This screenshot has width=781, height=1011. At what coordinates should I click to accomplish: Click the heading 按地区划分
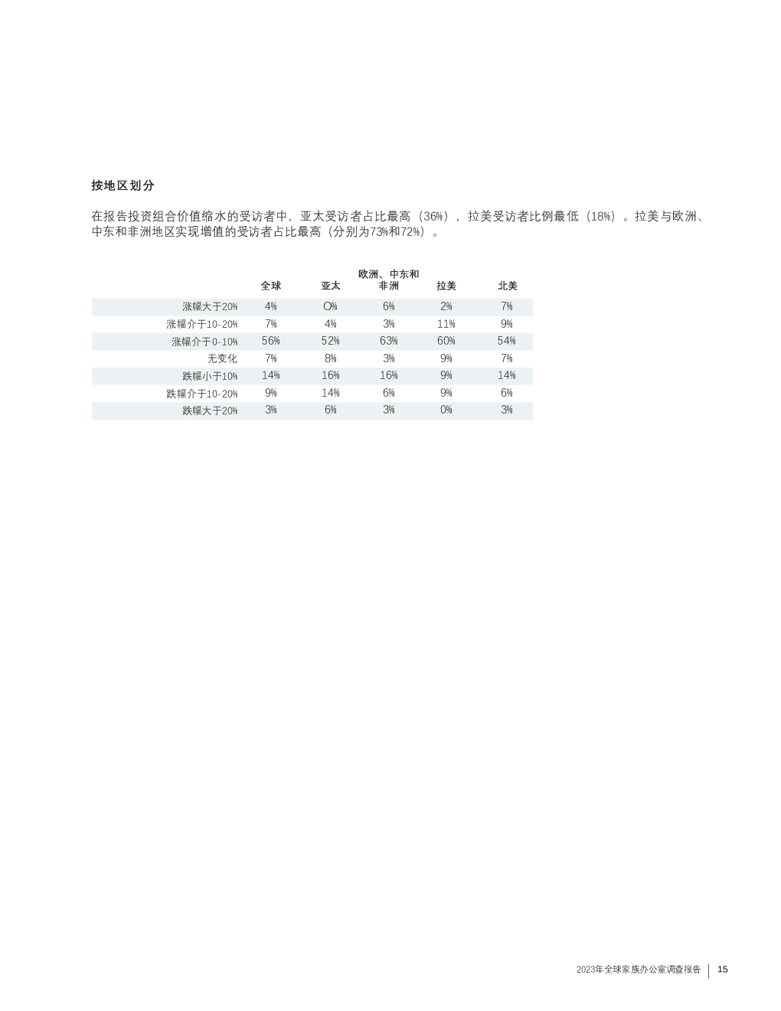pos(123,185)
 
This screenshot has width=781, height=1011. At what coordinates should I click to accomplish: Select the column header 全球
pos(271,286)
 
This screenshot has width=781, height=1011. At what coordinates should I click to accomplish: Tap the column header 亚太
pos(330,286)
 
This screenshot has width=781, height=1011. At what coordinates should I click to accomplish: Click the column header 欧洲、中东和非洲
pos(388,280)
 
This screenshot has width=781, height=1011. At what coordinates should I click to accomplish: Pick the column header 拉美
pos(446,286)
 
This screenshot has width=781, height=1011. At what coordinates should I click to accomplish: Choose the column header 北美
pos(507,286)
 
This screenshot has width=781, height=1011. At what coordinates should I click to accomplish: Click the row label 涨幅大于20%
pos(210,306)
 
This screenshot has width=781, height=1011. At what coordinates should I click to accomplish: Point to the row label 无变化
pos(222,358)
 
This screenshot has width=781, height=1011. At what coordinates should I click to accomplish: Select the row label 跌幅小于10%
pos(210,376)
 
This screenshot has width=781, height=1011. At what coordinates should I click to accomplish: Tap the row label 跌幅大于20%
pos(210,411)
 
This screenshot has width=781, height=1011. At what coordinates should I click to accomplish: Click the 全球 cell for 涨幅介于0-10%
pos(271,341)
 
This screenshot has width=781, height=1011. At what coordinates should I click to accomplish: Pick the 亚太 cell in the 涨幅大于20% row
pos(330,306)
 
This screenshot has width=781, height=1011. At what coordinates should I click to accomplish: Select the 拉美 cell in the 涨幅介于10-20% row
pos(446,323)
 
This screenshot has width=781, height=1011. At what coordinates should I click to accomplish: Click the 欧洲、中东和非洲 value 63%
pos(388,341)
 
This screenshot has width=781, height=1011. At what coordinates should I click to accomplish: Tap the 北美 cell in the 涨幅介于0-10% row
pos(507,341)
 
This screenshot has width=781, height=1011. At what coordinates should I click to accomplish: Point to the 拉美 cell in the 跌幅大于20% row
pos(446,410)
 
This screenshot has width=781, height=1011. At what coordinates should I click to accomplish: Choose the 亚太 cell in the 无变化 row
pos(330,358)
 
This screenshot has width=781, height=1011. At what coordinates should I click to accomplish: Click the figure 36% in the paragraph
pos(433,217)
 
